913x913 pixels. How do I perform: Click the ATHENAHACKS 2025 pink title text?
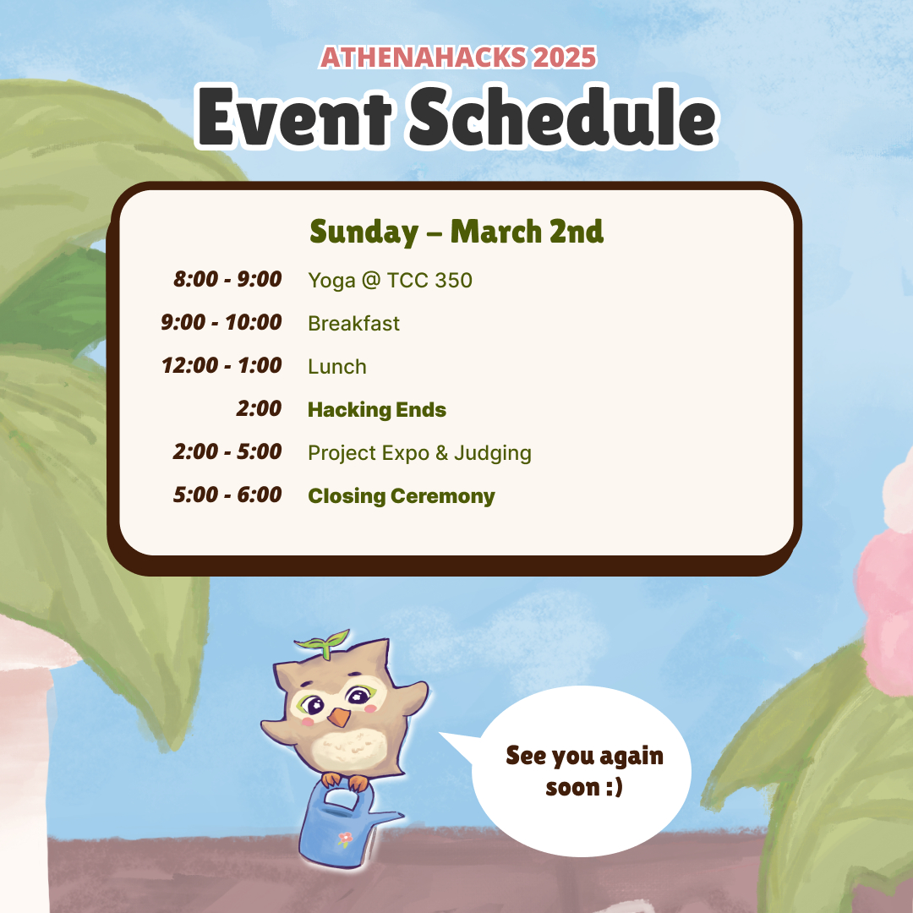point(457,57)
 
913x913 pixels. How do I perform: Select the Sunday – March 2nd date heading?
point(456,232)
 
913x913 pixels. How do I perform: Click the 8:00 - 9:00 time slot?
point(227,279)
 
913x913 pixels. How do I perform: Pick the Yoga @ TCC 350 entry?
point(390,280)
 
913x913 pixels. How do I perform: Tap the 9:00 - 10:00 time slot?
point(221,322)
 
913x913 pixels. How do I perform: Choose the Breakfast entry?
point(353,323)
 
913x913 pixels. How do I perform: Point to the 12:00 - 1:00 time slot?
point(221,366)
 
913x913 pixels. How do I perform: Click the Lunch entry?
point(337,367)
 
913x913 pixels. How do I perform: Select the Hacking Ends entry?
point(377,410)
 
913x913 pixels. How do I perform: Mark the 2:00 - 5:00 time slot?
point(227,452)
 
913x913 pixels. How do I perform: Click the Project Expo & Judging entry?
point(419,453)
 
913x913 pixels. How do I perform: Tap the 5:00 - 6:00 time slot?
point(227,495)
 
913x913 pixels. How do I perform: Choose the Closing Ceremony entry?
point(402,496)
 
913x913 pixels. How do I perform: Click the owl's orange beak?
point(338,719)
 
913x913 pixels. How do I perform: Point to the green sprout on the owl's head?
point(325,639)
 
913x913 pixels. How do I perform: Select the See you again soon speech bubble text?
point(584,771)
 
